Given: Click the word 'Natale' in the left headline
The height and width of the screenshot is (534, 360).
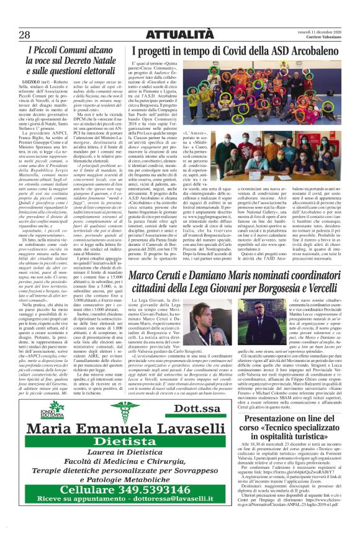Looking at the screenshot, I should [x=87, y=61].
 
